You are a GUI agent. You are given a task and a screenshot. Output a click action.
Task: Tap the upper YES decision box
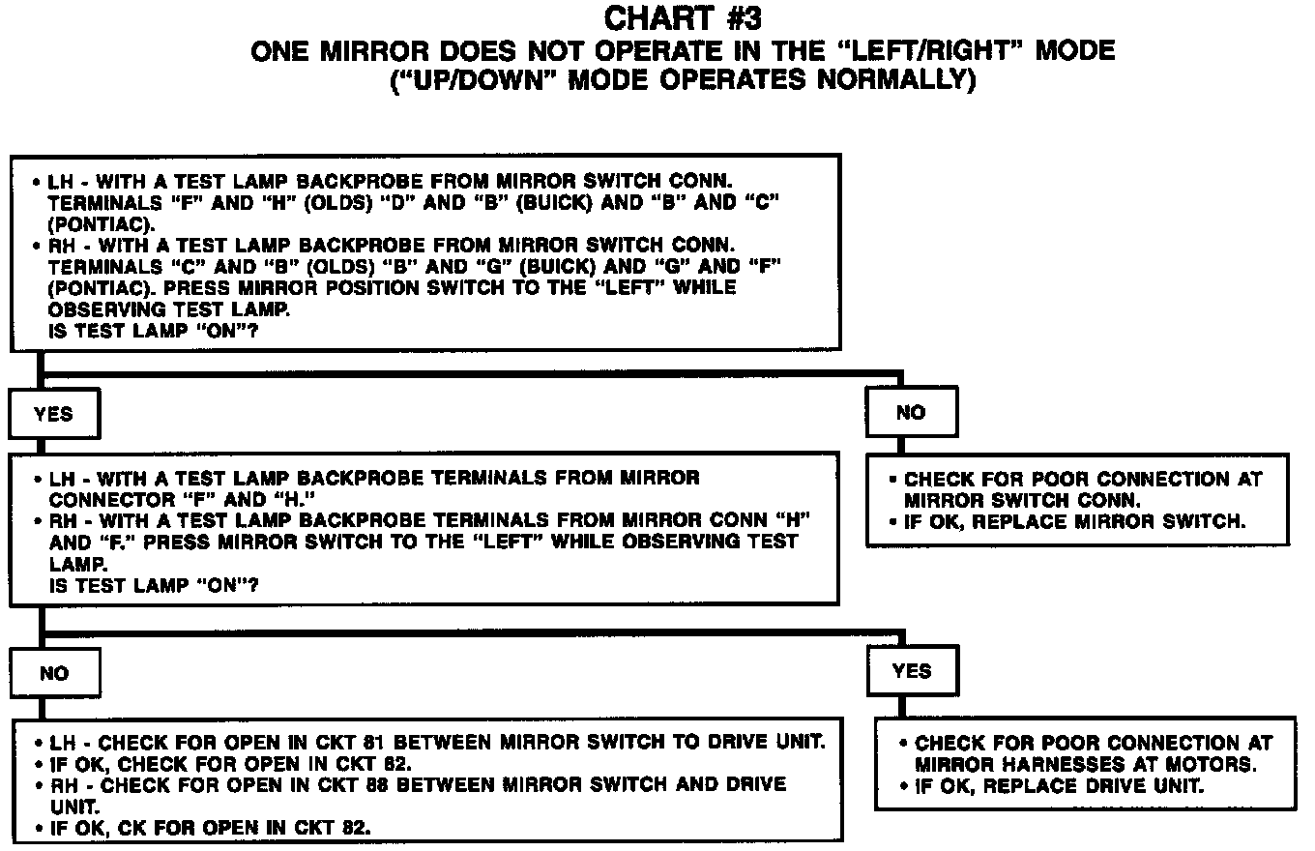coord(53,414)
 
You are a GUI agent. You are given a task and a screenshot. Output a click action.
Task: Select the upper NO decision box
coord(911,413)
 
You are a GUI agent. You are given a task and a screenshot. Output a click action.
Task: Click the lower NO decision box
coord(54,673)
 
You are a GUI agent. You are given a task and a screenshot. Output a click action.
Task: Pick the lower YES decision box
coord(912,671)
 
